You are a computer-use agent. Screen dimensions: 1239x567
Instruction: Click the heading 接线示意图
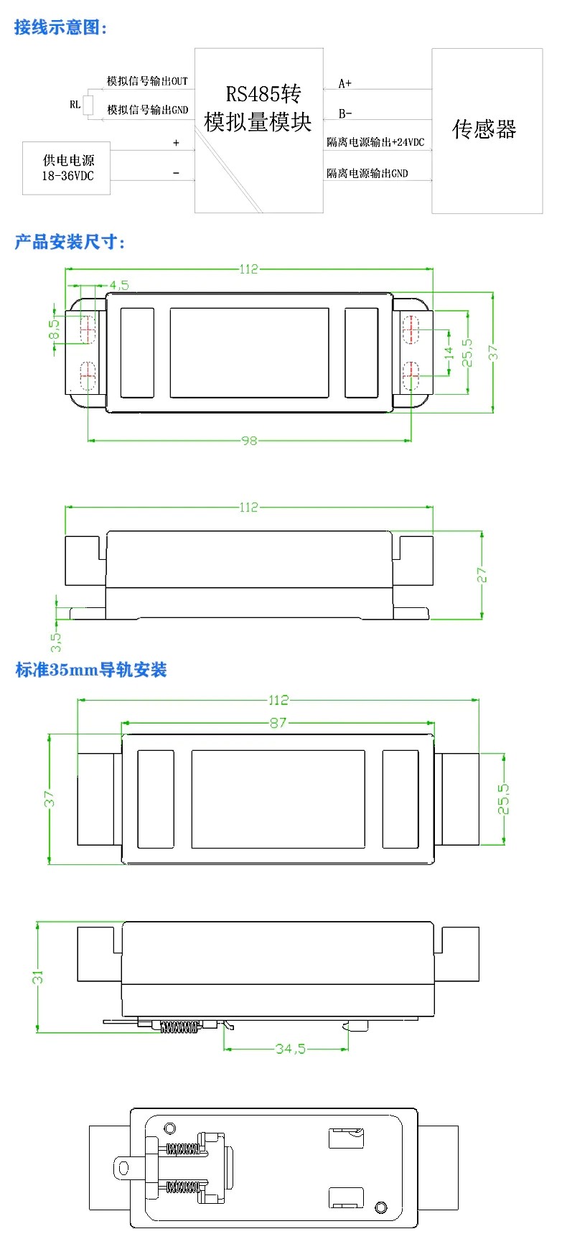tap(61, 28)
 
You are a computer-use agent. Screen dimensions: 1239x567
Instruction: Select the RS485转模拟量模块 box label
tap(258, 108)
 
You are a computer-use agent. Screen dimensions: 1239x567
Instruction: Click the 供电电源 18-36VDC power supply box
tap(67, 168)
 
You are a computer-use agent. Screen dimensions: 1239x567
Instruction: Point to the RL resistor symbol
tap(88, 105)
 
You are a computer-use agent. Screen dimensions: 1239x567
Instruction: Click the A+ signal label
tap(345, 83)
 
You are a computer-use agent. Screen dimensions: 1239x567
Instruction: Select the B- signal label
tap(345, 113)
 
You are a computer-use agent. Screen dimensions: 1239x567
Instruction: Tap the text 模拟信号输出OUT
tap(147, 81)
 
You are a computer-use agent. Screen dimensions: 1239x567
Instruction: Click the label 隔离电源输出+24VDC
tap(375, 142)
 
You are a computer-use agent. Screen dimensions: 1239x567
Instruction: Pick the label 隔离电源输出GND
tap(367, 173)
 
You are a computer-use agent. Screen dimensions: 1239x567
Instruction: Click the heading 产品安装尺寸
tap(70, 242)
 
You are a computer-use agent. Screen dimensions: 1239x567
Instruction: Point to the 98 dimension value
tap(248, 441)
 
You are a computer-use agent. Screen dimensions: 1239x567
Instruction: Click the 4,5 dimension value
tap(119, 285)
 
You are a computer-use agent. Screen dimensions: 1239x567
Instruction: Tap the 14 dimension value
tap(449, 352)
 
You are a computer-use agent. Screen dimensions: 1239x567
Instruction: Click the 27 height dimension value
tap(482, 575)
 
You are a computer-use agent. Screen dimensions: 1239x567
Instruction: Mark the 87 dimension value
tap(278, 723)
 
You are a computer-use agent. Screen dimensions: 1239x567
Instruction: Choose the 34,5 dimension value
tap(290, 1049)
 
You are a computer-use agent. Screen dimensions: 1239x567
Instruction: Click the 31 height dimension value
tap(37, 977)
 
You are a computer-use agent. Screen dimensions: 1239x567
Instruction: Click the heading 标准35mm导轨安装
tap(91, 670)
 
